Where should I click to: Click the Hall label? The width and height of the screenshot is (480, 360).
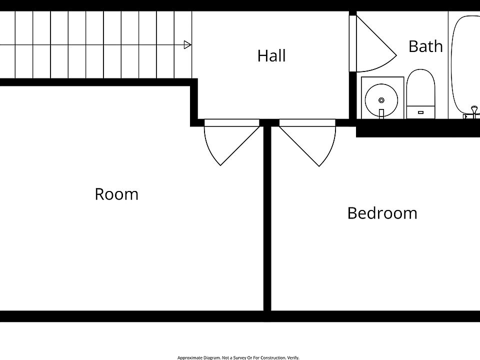tap(271, 55)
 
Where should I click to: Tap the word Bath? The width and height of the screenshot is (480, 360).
tap(425, 46)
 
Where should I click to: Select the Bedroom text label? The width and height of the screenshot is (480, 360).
tap(382, 213)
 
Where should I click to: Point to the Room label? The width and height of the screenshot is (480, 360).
tap(116, 194)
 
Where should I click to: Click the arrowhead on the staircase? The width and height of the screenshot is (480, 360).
tap(187, 45)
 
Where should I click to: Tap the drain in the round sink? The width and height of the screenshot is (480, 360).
tap(381, 100)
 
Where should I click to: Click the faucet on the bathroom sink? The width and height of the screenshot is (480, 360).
tap(381, 113)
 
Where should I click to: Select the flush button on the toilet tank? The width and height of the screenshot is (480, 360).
tap(420, 112)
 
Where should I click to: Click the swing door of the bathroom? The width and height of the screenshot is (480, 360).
tap(372, 45)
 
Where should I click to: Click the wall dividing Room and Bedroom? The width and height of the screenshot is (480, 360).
tap(267, 220)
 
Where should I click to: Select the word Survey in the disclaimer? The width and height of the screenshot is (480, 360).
tap(238, 357)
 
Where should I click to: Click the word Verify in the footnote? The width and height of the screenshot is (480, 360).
tap(293, 357)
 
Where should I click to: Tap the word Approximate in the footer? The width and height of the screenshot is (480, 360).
tap(189, 357)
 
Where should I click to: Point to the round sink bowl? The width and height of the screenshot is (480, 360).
tap(381, 99)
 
